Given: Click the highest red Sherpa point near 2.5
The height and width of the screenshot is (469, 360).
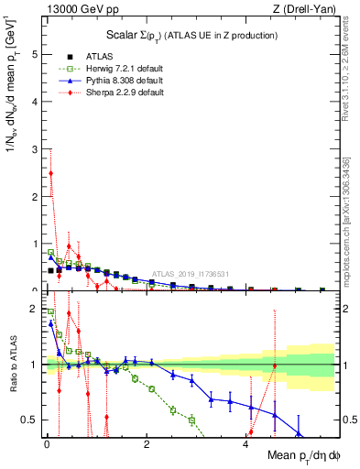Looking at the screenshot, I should [50, 173].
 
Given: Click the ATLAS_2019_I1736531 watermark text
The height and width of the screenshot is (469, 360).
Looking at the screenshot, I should [190, 274].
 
